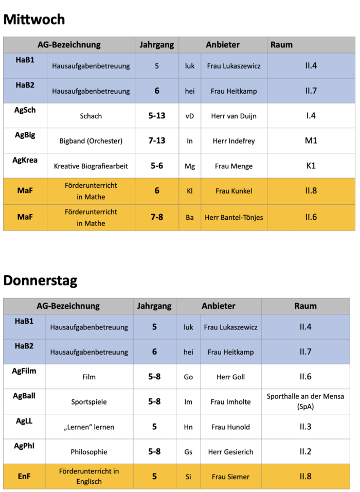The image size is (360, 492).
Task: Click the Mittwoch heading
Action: pyautogui.click(x=34, y=20)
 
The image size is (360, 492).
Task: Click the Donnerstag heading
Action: pyautogui.click(x=40, y=280)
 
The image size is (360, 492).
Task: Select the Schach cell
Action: pyautogui.click(x=91, y=116)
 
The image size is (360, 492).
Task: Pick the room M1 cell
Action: pyautogui.click(x=311, y=140)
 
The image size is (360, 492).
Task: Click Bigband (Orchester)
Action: pyautogui.click(x=91, y=141)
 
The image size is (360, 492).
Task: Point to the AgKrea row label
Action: pyautogui.click(x=25, y=160)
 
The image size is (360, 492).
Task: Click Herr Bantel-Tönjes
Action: pyautogui.click(x=233, y=217)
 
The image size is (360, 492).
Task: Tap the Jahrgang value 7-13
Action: pyautogui.click(x=157, y=140)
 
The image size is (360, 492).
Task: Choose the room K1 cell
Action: pyautogui.click(x=311, y=166)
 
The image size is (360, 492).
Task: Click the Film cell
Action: pyautogui.click(x=89, y=377)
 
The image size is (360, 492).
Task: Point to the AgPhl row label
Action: pyautogui.click(x=24, y=446)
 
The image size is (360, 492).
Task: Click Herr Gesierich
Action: pyautogui.click(x=230, y=452)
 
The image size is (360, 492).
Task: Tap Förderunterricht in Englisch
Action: pyautogui.click(x=88, y=477)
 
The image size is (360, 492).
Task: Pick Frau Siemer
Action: pyautogui.click(x=230, y=477)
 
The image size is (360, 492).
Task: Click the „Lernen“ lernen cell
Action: pyautogui.click(x=89, y=427)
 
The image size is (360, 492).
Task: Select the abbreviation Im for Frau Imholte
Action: pyautogui.click(x=188, y=402)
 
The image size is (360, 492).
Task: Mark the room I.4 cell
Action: pyautogui.click(x=311, y=116)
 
